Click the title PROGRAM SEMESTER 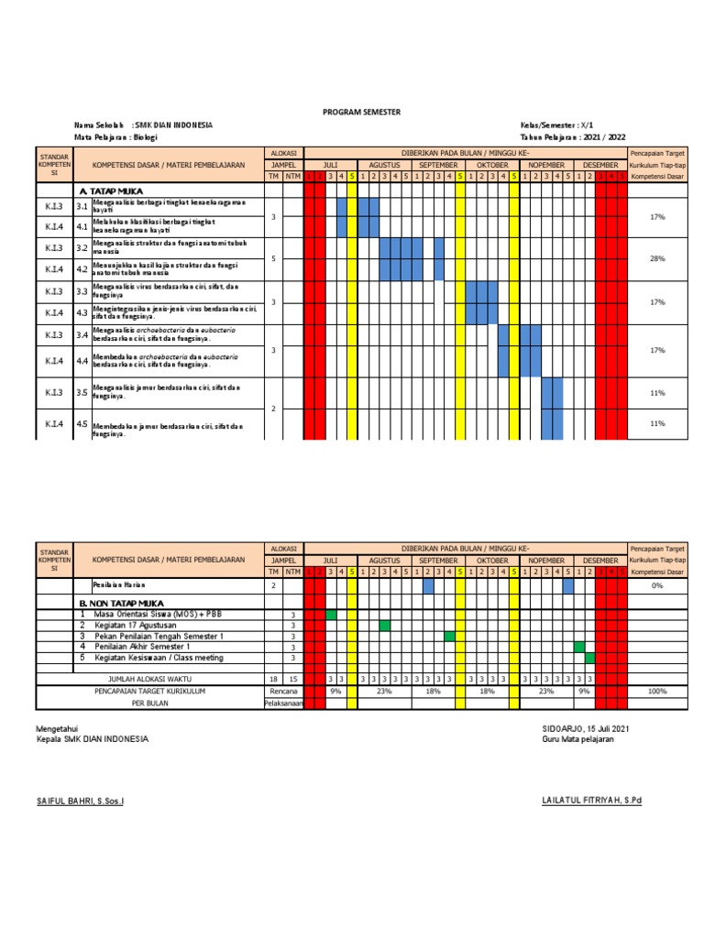[x=361, y=111]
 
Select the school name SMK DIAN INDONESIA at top [x=175, y=125]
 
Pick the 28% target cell [x=656, y=258]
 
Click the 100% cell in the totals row [x=656, y=692]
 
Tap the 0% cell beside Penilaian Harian [x=656, y=584]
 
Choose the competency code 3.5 [x=82, y=392]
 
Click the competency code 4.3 [x=82, y=312]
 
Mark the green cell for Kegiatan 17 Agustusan [x=385, y=625]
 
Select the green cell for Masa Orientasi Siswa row [x=331, y=614]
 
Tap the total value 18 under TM [x=272, y=679]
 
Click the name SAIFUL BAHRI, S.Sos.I [x=80, y=801]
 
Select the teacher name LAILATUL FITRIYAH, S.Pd [x=591, y=801]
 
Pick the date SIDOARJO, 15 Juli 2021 [x=586, y=727]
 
